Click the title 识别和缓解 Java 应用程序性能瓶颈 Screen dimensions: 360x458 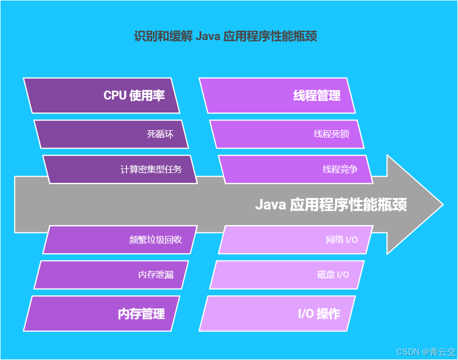point(226,36)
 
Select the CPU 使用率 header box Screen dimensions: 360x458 point(101,95)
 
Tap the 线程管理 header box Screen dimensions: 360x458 point(277,95)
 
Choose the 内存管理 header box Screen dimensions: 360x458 point(101,313)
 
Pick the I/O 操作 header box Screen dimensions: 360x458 point(277,313)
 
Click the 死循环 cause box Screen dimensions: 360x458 point(111,134)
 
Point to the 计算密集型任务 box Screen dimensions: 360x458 point(120,169)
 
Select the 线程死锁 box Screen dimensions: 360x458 point(287,134)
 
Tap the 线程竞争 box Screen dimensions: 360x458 point(296,169)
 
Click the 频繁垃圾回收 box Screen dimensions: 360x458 point(120,240)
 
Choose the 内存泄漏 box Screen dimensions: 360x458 point(111,275)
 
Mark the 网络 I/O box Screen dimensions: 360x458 point(296,240)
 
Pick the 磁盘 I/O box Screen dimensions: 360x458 point(287,275)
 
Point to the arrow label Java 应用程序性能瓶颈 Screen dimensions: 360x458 point(330,205)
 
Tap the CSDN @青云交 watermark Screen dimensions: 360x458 point(426,352)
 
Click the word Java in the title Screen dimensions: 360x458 point(208,36)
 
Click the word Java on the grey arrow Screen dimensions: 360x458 point(270,205)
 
